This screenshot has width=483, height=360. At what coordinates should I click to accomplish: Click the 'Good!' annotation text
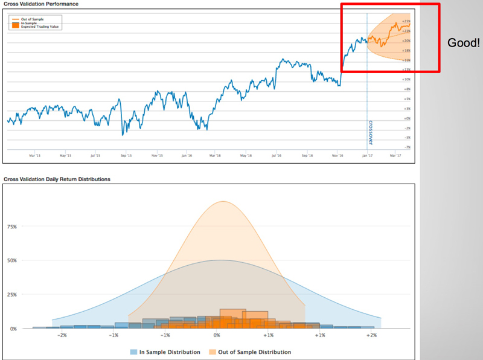pos(463,43)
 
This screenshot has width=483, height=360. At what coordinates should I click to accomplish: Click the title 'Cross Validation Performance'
pos(40,4)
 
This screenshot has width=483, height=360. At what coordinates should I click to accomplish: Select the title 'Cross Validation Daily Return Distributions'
pos(57,179)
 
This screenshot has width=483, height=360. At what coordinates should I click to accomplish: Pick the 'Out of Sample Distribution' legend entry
pos(253,352)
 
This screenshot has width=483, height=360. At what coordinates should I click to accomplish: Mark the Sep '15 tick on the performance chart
pos(126,155)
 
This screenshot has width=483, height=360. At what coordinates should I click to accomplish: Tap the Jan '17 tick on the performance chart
pos(367,155)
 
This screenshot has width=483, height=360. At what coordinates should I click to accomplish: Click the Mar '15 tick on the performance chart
pos(34,155)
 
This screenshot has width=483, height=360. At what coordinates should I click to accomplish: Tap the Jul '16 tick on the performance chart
pos(277,155)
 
